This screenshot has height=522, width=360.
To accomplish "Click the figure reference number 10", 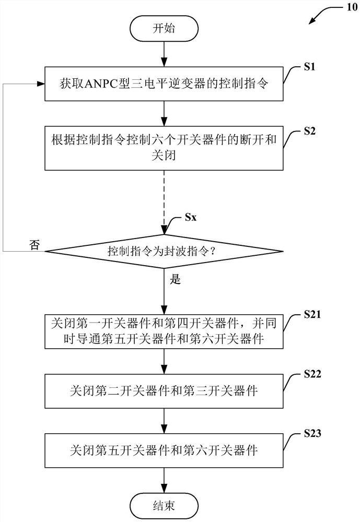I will (347, 8).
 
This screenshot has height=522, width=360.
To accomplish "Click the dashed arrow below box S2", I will (164, 198).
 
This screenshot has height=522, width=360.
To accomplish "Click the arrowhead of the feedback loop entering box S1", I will (41, 84).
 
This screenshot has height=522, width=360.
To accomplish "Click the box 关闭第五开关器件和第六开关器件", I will (164, 449).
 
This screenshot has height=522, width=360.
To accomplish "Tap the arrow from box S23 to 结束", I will (164, 479).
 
